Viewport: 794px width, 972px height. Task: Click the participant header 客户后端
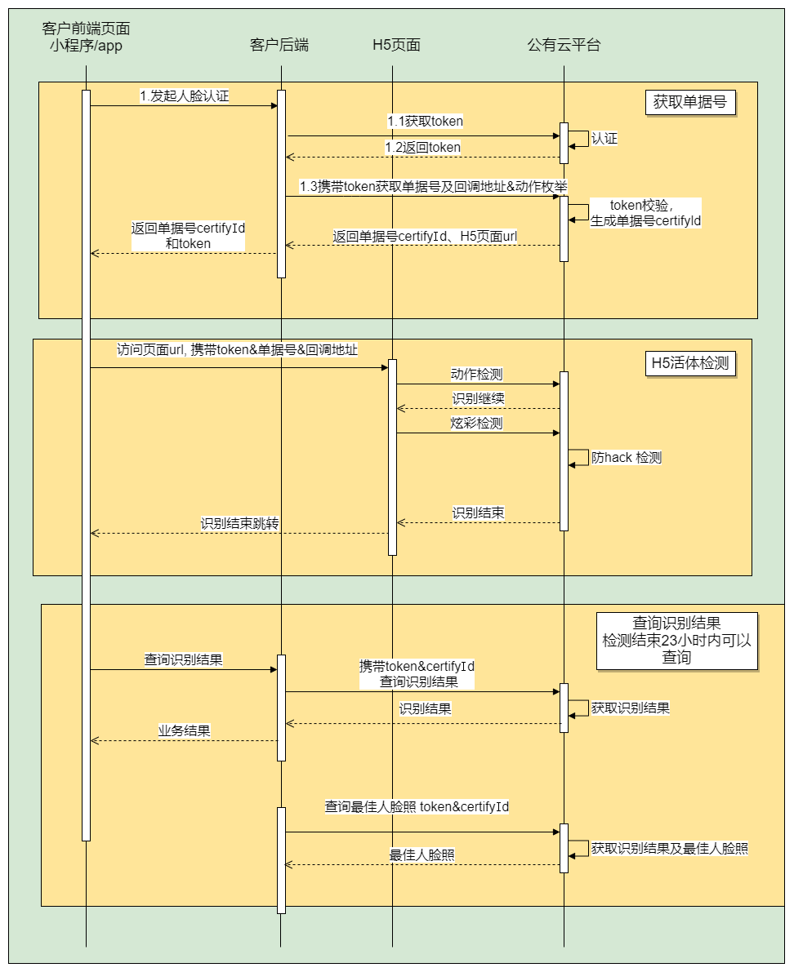pos(279,45)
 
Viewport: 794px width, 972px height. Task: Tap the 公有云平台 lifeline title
pos(564,45)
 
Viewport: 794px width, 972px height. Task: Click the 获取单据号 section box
pos(690,103)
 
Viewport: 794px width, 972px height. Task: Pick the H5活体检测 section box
pos(689,364)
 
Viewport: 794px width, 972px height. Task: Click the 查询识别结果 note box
pos(676,641)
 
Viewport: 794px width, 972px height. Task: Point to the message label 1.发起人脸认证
pos(185,96)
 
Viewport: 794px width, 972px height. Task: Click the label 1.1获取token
pos(425,122)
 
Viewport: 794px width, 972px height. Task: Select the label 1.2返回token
pos(422,148)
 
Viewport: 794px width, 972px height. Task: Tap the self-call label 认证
pos(604,139)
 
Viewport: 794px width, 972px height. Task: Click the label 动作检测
pos(476,375)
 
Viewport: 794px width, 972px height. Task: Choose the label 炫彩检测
pos(476,424)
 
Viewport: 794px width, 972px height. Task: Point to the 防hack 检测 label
pos(627,458)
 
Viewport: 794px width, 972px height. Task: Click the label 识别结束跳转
pos(239,523)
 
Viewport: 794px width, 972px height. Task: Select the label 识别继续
pos(478,399)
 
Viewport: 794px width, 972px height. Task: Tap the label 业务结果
pos(184,730)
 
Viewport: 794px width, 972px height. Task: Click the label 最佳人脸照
pos(422,855)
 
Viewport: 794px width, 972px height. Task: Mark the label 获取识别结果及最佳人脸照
pos(670,849)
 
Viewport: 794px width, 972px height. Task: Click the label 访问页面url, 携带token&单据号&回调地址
pos(237,350)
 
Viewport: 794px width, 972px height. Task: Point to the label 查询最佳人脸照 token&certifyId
pos(417,807)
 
